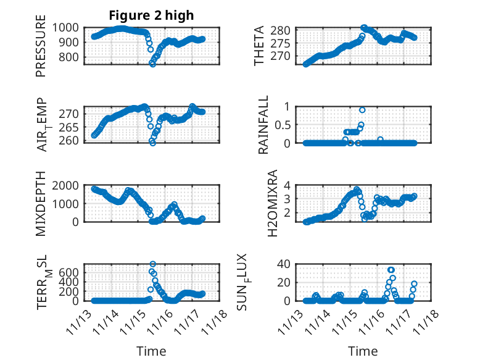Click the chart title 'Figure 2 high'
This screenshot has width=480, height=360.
click(152, 15)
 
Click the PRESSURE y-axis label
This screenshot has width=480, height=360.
click(41, 50)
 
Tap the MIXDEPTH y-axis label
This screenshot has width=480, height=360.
click(41, 203)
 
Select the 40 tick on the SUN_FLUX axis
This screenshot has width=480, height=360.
click(284, 264)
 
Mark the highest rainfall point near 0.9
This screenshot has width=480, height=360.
click(362, 110)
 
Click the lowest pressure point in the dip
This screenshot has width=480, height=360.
click(152, 64)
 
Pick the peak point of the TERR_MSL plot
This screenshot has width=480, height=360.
click(152, 264)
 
